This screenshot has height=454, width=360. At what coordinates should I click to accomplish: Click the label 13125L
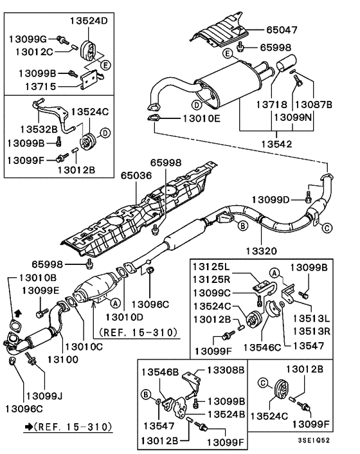215,266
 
